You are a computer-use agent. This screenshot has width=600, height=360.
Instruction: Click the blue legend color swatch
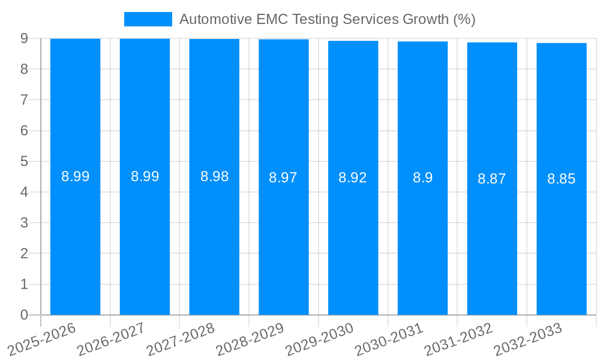148,19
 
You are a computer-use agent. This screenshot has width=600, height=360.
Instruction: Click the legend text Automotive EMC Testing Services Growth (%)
327,19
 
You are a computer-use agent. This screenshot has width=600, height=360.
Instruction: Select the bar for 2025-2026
75,240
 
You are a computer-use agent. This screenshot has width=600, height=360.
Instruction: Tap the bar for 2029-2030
353,240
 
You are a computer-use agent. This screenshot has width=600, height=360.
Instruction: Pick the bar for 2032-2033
562,240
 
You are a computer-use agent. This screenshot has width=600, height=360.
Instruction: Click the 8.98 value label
214,177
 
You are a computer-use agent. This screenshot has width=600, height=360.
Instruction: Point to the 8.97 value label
283,178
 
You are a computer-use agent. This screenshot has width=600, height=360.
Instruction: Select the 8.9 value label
422,178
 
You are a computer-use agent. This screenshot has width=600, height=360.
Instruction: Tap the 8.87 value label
492,179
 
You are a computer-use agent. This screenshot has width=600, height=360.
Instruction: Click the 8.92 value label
353,178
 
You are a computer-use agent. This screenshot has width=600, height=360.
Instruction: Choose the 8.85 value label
562,179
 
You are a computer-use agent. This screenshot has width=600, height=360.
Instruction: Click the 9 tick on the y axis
24,38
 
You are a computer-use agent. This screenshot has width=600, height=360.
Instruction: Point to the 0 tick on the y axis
24,315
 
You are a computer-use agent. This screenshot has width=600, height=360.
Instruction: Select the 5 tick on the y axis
24,161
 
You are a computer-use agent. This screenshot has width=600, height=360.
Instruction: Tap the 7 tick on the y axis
24,100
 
